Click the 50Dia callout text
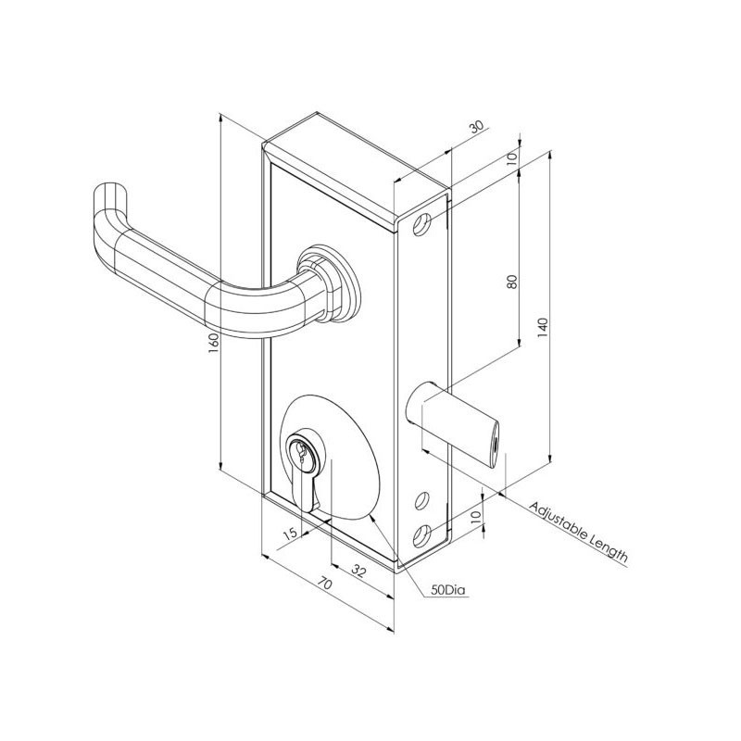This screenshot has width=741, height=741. (x=447, y=590)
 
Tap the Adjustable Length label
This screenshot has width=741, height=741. (x=579, y=534)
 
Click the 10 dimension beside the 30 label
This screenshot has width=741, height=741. (x=512, y=158)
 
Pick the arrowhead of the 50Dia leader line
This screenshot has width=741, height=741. (x=370, y=516)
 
